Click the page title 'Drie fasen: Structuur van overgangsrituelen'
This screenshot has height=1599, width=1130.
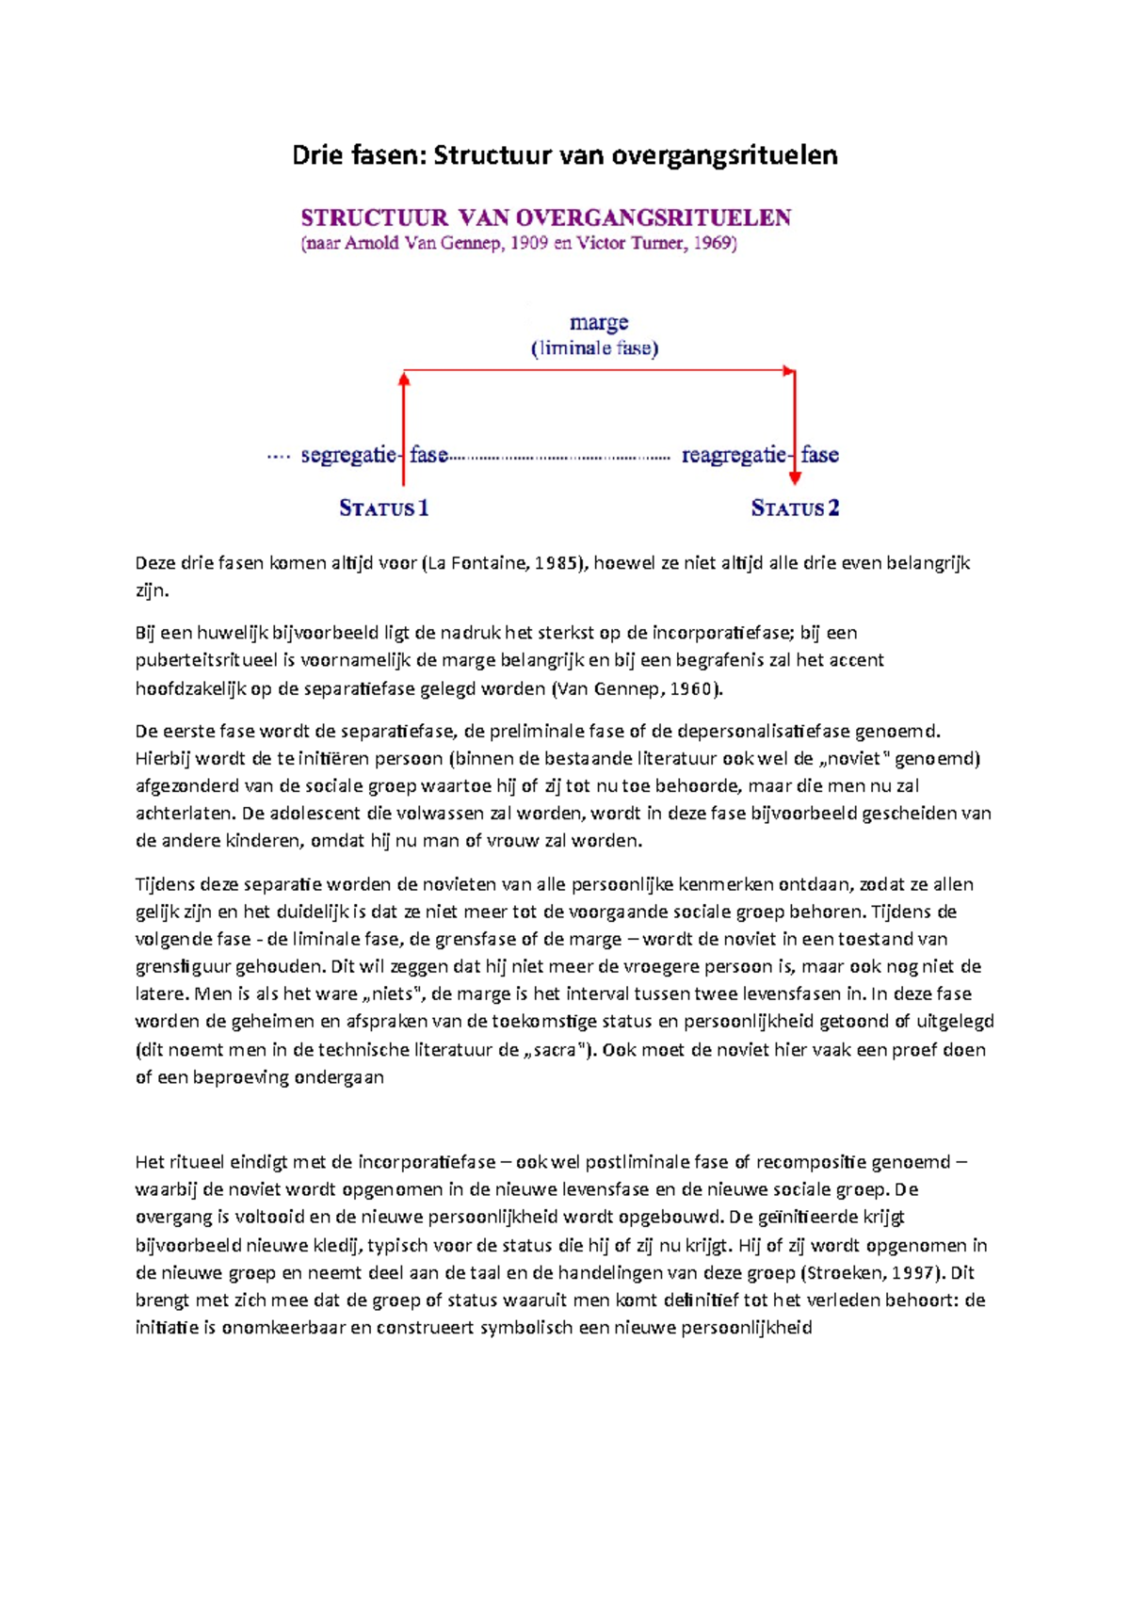pos(564,155)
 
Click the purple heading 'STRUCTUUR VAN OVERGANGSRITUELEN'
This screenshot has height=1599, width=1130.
pos(546,218)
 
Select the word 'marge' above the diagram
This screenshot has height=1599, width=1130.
pos(599,323)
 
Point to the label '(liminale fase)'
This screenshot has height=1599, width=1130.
pos(595,348)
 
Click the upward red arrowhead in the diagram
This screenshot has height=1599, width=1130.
pos(404,379)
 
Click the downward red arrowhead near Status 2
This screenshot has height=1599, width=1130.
pos(795,477)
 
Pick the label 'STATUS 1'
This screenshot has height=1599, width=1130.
pos(384,509)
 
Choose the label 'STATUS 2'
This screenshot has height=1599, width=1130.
pos(796,509)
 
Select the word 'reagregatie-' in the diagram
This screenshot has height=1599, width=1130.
pos(734,456)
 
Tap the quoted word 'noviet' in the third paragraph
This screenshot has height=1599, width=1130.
pos(857,759)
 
